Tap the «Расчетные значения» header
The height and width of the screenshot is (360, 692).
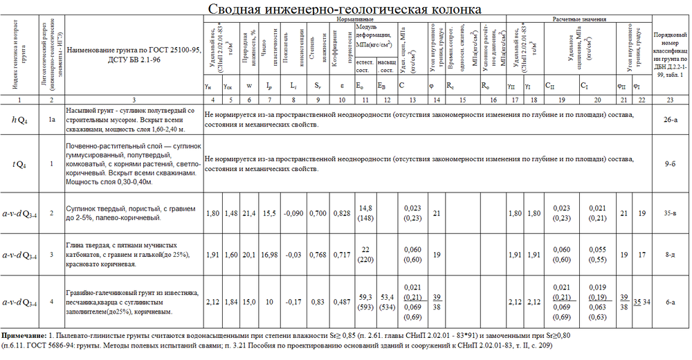(x=579, y=21)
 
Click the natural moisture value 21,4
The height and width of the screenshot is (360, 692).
(x=247, y=213)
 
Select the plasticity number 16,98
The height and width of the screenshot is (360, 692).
(x=269, y=254)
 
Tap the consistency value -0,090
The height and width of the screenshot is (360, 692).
(x=294, y=213)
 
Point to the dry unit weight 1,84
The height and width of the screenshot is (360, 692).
(x=230, y=301)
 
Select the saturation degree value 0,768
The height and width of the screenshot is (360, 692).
(x=318, y=254)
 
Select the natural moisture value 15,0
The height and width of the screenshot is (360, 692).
(x=247, y=301)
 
